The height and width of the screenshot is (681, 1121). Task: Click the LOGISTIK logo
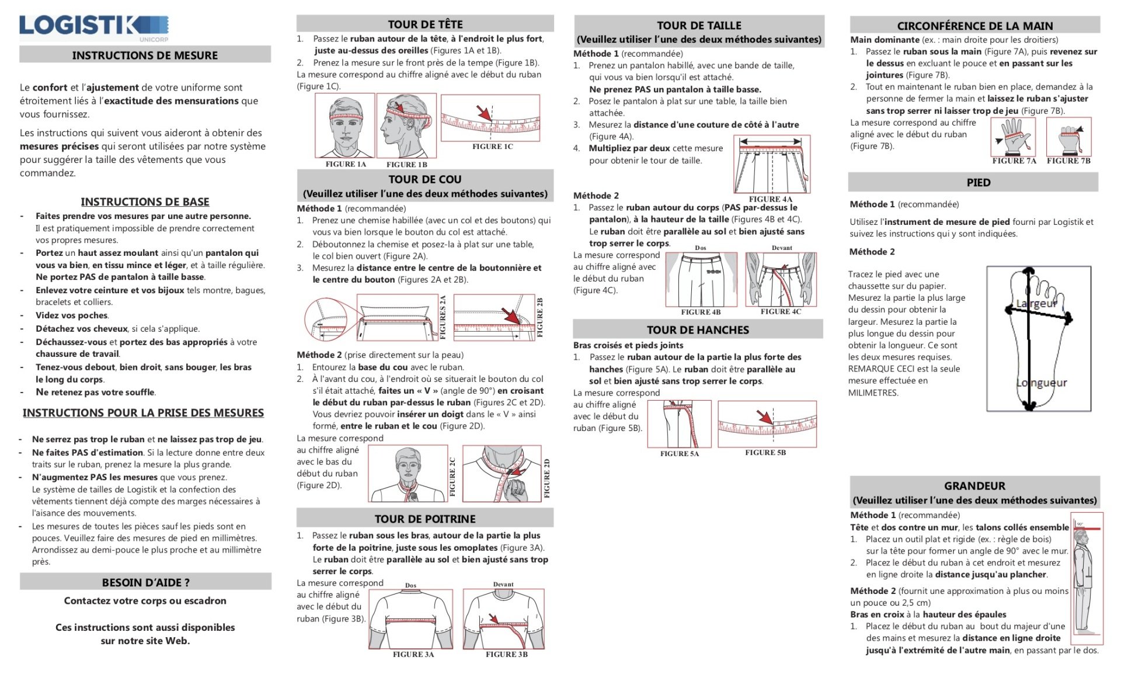[x=93, y=26]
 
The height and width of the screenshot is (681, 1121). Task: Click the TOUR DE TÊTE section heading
[x=425, y=24]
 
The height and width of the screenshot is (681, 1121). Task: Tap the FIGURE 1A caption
[x=346, y=164]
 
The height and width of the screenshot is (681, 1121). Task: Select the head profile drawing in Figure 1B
[x=406, y=125]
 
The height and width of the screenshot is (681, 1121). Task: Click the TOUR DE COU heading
[x=425, y=179]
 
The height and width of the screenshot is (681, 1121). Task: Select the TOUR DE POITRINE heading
[x=425, y=519]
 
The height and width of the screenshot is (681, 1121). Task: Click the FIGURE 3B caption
[x=506, y=654]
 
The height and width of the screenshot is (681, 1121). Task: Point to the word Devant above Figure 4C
[x=782, y=248]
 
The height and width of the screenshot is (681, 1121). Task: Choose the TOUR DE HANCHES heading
[x=698, y=329]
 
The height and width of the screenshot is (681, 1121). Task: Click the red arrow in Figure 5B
[x=764, y=416]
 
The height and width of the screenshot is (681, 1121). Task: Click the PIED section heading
[x=978, y=182]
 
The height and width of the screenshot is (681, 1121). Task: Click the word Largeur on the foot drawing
[x=1036, y=304]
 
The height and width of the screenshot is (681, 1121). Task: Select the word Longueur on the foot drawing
[x=1042, y=383]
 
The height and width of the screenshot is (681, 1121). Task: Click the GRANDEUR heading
[x=974, y=485]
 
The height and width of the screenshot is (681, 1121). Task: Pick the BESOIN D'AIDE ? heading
[x=145, y=582]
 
